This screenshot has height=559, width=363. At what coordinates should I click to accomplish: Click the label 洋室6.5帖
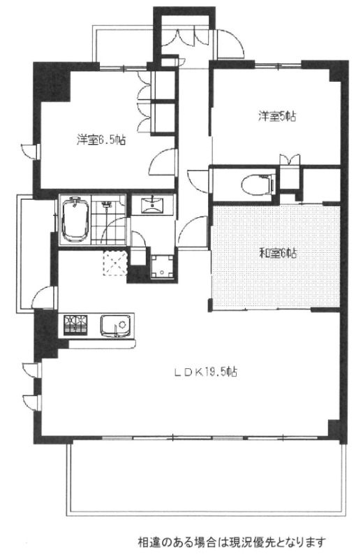click(x=101, y=140)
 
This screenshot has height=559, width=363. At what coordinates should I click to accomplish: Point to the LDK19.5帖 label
click(x=205, y=372)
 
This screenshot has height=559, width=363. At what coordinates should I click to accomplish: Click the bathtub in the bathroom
click(x=73, y=219)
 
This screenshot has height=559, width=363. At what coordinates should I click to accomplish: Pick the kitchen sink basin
click(x=115, y=326)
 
